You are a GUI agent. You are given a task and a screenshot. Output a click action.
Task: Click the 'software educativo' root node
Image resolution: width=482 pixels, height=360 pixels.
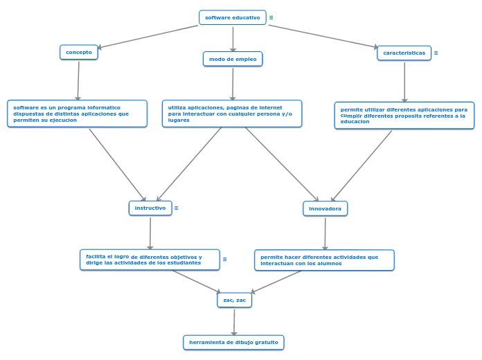coord(232,17)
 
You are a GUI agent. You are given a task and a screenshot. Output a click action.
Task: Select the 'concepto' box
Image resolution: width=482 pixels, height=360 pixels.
coord(79,52)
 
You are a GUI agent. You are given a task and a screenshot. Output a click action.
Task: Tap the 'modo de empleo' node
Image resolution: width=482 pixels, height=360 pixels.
coord(233,60)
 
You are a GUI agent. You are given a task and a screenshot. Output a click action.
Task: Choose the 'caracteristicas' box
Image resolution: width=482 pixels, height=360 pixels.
coord(404,53)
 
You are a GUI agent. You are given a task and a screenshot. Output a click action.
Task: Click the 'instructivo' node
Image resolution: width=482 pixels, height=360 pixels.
coord(150,208)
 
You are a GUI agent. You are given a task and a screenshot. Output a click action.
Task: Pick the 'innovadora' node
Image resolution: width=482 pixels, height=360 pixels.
coord(325,208)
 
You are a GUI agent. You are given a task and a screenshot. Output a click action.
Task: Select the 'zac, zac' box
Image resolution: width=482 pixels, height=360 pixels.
coord(235,300)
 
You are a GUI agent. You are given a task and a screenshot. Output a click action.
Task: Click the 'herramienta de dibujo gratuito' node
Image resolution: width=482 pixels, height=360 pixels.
coord(233,342)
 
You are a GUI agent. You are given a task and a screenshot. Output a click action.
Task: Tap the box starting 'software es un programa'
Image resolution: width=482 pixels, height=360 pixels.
coord(77,114)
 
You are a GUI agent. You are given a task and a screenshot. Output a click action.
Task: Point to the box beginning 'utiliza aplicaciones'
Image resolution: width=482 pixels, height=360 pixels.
coord(232,114)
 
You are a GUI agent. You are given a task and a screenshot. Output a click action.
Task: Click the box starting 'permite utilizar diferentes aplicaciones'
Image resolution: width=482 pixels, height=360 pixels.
coord(404,116)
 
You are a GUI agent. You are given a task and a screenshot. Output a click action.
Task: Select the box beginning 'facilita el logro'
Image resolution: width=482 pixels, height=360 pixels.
coord(150,260)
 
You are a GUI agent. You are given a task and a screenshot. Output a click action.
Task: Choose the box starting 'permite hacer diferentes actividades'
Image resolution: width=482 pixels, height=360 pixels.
coord(324,260)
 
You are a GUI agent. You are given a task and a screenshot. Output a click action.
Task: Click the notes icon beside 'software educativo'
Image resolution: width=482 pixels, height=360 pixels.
coord(271,17)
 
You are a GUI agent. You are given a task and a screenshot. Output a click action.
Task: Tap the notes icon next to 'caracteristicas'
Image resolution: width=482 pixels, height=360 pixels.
coord(436,53)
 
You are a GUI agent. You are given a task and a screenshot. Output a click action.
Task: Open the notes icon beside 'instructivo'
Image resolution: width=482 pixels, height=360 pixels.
coord(177,208)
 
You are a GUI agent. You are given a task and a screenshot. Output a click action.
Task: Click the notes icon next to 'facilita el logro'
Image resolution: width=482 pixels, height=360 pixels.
coord(225,260)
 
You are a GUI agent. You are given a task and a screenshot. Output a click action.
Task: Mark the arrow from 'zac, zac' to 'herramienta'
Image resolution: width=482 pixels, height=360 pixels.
coord(234,321)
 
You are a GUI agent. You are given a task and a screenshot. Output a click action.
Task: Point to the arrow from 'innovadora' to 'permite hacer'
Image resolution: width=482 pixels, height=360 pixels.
coord(325,233)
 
